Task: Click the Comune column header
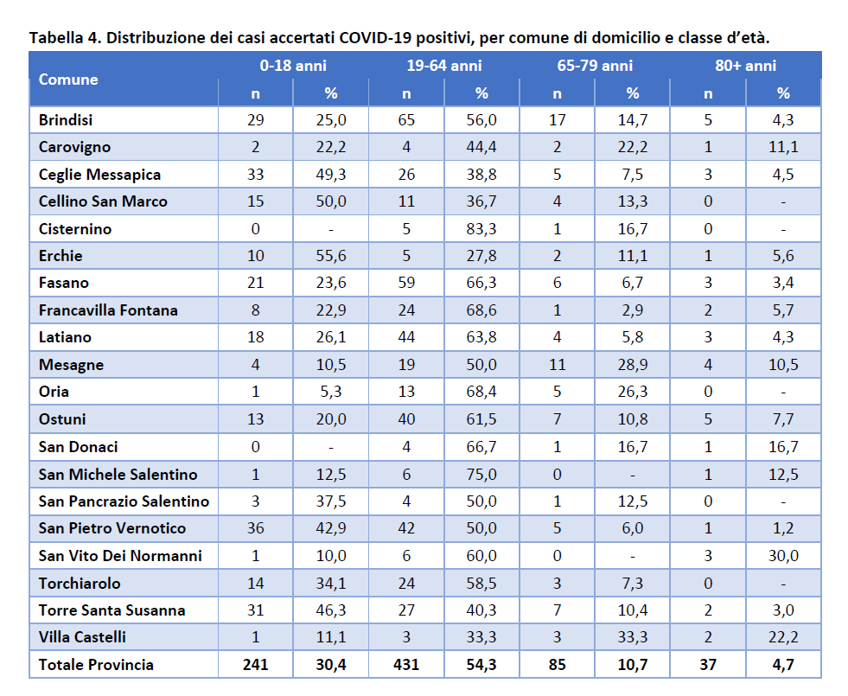(68, 80)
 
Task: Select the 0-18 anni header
(293, 66)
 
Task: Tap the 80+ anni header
(746, 66)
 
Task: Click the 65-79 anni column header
(595, 66)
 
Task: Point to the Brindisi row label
(66, 119)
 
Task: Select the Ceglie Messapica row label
(99, 175)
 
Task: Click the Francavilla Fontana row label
(108, 310)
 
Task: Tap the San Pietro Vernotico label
(112, 527)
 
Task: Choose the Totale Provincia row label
(96, 664)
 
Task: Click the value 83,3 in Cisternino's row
(481, 229)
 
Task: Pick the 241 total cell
(255, 664)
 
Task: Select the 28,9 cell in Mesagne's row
(632, 365)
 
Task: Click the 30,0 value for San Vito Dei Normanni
(783, 555)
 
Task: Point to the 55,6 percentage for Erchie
(331, 256)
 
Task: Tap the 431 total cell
(406, 664)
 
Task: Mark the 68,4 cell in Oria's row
(481, 392)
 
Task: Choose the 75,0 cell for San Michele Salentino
(481, 475)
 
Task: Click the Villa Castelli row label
(82, 637)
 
